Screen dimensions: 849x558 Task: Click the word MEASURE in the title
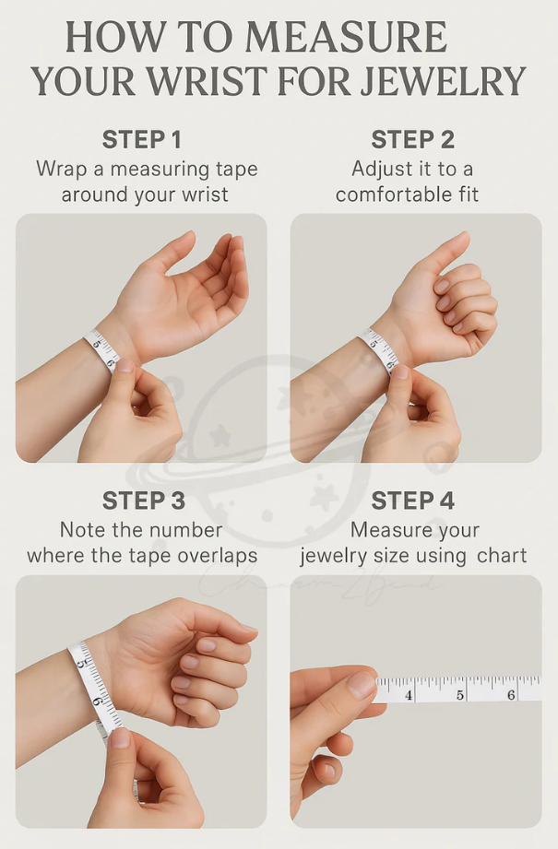(x=346, y=38)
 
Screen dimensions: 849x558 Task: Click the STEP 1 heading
(x=141, y=140)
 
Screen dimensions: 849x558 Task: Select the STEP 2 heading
(x=412, y=140)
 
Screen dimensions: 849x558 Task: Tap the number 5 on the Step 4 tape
(x=459, y=694)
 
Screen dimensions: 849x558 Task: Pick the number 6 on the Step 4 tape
(x=510, y=693)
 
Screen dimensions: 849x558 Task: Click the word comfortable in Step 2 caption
(x=386, y=195)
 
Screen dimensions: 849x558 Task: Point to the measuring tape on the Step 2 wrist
(x=379, y=349)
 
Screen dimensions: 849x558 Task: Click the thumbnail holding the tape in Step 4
(x=361, y=684)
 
